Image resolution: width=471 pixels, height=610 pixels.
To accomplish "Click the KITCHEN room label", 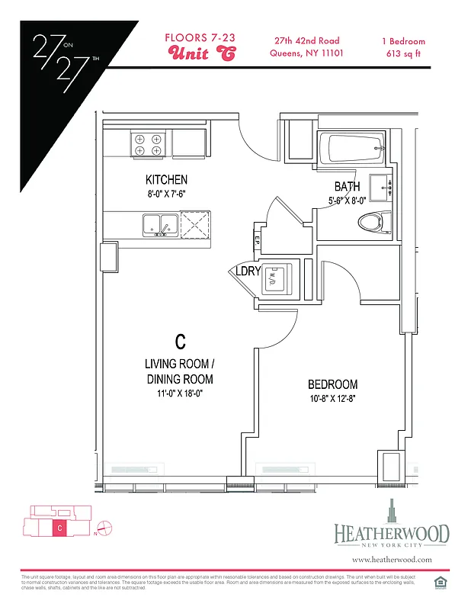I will [x=166, y=180].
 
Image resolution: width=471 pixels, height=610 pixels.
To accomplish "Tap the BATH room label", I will [x=347, y=187].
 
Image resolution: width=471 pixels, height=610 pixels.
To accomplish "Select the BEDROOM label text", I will [x=332, y=384].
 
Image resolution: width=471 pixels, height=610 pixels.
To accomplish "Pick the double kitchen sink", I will [x=160, y=225].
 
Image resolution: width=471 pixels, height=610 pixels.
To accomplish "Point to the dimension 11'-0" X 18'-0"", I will [x=179, y=394].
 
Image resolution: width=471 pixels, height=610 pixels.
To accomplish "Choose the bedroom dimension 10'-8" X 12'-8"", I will [x=332, y=399].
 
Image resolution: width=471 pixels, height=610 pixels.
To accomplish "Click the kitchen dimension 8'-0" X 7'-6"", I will [x=166, y=194].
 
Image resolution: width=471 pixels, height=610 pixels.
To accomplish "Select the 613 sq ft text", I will [x=403, y=53].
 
